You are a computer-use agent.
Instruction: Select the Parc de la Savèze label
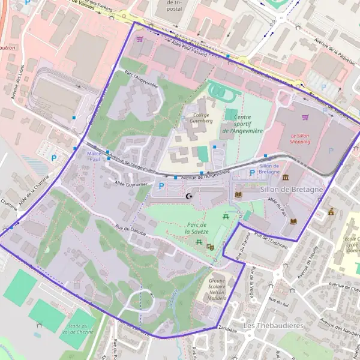[196, 228]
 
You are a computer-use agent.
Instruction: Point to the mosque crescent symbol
[190, 196]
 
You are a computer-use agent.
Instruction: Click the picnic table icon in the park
[226, 216]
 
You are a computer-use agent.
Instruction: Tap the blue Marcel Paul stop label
[94, 157]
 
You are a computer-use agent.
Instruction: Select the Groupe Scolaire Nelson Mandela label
[217, 289]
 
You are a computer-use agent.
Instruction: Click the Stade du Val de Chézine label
[77, 326]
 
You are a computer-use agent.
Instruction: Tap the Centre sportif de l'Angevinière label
[242, 124]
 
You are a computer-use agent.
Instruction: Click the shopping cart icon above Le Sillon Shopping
[305, 117]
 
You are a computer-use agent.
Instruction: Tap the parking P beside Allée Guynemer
[160, 187]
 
